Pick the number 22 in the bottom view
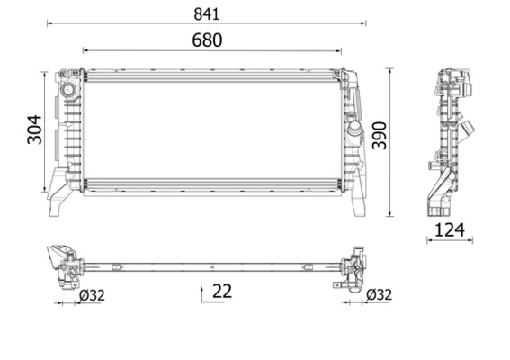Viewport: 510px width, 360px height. click(x=221, y=291)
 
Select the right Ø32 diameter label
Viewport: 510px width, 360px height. click(x=379, y=293)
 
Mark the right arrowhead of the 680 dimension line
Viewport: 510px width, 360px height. click(x=341, y=50)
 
